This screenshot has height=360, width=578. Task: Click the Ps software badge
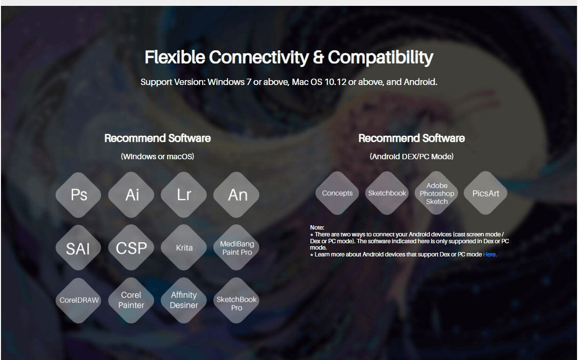tap(79, 195)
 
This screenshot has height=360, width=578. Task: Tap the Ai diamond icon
tap(131, 195)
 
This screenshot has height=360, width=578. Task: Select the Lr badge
tap(184, 195)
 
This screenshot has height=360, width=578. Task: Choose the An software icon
tap(236, 195)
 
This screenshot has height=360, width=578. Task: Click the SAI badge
tap(79, 248)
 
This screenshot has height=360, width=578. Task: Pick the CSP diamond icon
tap(131, 248)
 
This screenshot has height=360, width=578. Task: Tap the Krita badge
tap(184, 248)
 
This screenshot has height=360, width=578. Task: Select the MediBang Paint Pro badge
tap(236, 248)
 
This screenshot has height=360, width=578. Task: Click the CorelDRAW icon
tap(79, 300)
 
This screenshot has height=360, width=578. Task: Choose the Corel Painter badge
tap(131, 300)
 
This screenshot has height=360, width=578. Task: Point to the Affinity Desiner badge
tap(184, 300)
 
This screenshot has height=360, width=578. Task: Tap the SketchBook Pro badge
tap(236, 300)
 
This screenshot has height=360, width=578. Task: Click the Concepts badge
tap(337, 193)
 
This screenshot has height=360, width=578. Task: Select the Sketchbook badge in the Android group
tap(387, 193)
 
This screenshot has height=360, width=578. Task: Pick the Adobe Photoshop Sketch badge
tap(436, 193)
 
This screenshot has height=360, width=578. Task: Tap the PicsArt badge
tap(485, 193)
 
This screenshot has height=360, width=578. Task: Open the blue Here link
tap(490, 254)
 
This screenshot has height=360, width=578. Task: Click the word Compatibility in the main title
tap(380, 58)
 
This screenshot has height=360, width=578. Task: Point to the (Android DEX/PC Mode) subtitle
tap(412, 156)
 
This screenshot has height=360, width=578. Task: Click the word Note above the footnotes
tap(317, 228)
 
